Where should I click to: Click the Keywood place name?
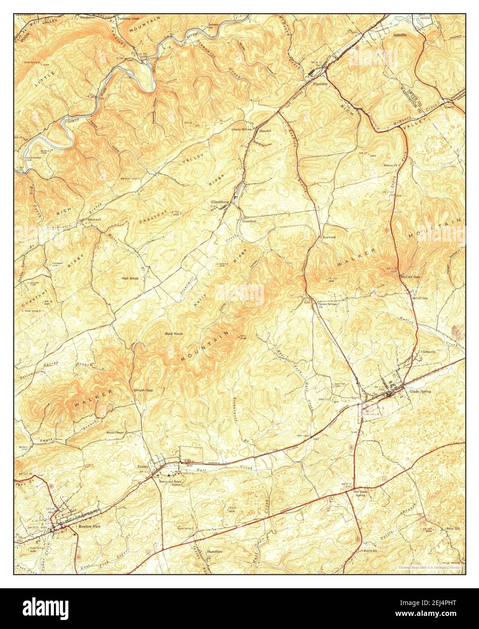click(x=329, y=237)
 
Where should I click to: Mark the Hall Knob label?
click(x=130, y=278)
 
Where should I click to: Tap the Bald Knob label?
click(x=173, y=334)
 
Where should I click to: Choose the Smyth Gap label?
click(x=143, y=390)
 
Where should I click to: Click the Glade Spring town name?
click(x=420, y=391)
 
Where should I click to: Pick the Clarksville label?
click(x=428, y=352)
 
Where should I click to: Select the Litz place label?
click(x=307, y=302)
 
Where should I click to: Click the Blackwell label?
click(x=94, y=219)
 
